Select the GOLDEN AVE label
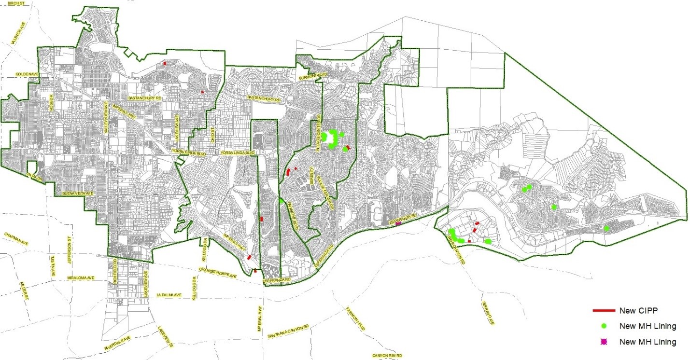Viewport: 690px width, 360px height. (x=26, y=74)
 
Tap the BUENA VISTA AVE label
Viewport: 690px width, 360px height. (x=73, y=194)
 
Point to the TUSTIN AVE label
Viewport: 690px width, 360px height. (x=53, y=265)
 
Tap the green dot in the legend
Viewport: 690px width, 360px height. (x=602, y=326)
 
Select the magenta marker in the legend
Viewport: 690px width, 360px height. (x=602, y=342)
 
